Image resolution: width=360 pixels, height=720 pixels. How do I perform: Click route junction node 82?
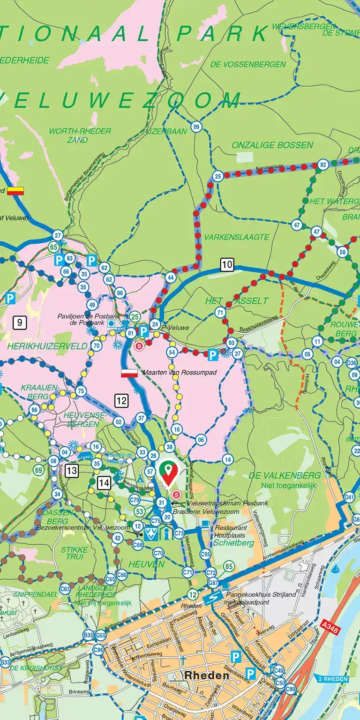click(x=322, y=165)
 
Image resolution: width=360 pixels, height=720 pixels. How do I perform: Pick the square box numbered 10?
click(x=227, y=265)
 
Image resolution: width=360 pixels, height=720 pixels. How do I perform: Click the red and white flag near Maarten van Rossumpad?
click(x=129, y=373)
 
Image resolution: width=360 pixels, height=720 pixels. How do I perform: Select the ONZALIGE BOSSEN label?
click(x=272, y=145)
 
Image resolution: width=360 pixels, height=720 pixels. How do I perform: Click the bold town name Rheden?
click(x=207, y=675)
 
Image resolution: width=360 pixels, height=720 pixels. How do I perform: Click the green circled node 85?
click(x=228, y=566)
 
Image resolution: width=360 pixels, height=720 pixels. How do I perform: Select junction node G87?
click(x=213, y=583)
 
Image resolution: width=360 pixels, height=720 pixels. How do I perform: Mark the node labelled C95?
click(x=205, y=554)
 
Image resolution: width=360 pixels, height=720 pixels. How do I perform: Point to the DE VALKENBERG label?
click(x=285, y=475)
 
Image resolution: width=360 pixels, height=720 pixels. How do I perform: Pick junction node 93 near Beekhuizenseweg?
click(x=231, y=343)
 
